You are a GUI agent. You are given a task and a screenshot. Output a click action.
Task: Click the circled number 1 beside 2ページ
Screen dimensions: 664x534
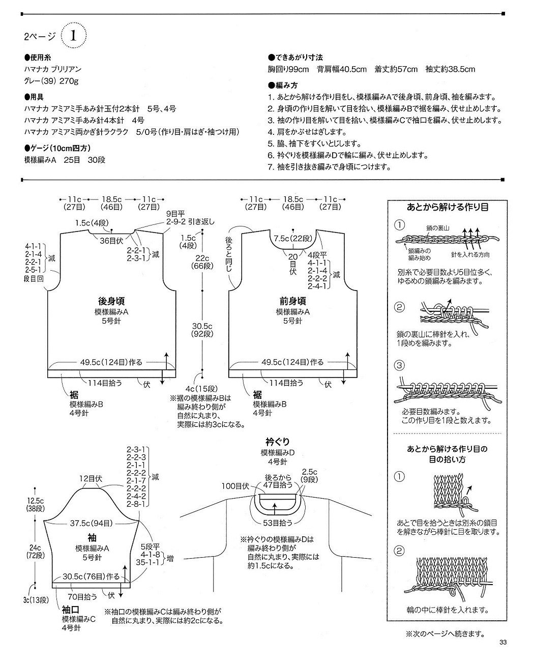[74, 36]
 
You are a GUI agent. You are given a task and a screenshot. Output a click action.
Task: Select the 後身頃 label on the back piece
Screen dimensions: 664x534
[111, 301]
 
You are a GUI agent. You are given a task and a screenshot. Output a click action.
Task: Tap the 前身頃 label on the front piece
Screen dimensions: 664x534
[292, 301]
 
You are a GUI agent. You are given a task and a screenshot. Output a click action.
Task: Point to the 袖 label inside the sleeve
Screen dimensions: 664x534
[92, 537]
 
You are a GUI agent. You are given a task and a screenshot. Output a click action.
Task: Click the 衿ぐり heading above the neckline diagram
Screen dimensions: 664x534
[278, 442]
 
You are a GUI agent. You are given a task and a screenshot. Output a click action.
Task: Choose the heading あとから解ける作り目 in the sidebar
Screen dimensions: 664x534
[448, 207]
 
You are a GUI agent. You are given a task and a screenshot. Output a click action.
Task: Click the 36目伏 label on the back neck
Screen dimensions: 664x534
[112, 241]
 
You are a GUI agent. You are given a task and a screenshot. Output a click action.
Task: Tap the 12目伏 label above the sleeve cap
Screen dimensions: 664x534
[91, 478]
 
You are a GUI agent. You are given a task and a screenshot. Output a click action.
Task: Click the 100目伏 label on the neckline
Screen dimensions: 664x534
[235, 486]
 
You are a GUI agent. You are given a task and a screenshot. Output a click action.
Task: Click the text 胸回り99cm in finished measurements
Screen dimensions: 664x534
[288, 69]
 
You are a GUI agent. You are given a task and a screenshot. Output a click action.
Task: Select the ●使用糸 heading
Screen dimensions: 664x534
[38, 57]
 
